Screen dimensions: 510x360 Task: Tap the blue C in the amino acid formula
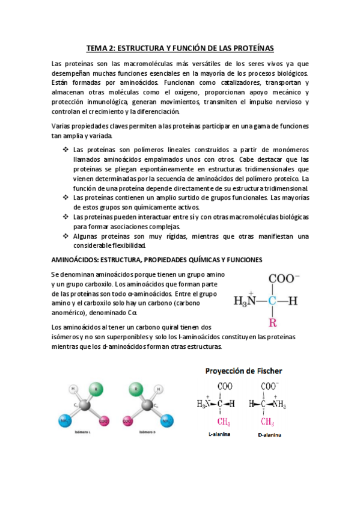272,301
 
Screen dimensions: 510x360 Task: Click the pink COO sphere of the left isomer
103,420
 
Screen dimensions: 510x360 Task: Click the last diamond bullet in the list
64,236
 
